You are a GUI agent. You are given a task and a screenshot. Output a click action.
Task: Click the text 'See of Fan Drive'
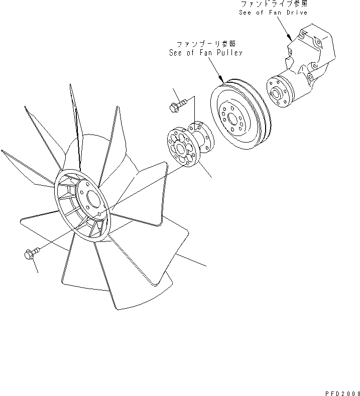[x=273, y=13]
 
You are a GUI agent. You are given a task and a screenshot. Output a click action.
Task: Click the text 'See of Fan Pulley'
[x=206, y=53]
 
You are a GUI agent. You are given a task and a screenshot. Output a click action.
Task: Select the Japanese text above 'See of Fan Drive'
[x=273, y=4]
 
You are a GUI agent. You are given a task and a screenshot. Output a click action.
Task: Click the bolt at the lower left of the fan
[x=29, y=255]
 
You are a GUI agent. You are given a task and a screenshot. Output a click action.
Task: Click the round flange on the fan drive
[x=276, y=92]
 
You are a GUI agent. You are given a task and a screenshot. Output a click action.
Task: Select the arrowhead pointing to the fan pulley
[x=222, y=80]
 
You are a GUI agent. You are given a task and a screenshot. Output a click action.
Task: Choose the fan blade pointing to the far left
[x=25, y=166]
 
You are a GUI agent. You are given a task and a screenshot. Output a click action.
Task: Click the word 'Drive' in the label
[x=296, y=13]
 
